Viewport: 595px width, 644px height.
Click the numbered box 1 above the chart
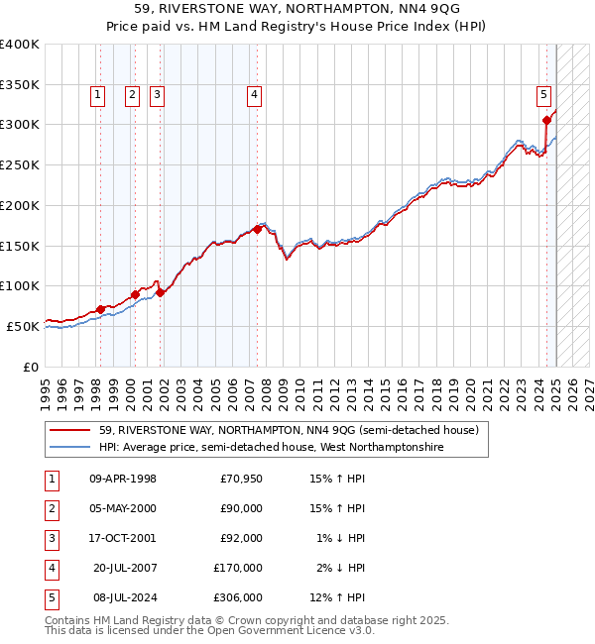(98, 95)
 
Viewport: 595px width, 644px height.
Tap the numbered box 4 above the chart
(255, 95)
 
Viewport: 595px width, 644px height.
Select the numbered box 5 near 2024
(544, 95)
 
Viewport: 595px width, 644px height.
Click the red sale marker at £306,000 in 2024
(546, 121)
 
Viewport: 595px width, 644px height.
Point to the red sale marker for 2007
(257, 229)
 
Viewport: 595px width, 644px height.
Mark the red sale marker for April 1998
(100, 309)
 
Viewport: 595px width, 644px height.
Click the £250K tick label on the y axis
(19, 164)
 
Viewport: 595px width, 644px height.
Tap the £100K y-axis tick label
(19, 285)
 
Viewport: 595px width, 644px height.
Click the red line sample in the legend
(69, 430)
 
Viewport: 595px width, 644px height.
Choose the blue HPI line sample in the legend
(69, 448)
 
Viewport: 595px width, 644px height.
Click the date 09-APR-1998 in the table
(122, 480)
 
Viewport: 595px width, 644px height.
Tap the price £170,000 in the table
(238, 569)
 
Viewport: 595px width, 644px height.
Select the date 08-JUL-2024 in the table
(124, 598)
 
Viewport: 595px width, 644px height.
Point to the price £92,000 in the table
(241, 539)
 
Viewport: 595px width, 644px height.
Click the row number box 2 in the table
(51, 509)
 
